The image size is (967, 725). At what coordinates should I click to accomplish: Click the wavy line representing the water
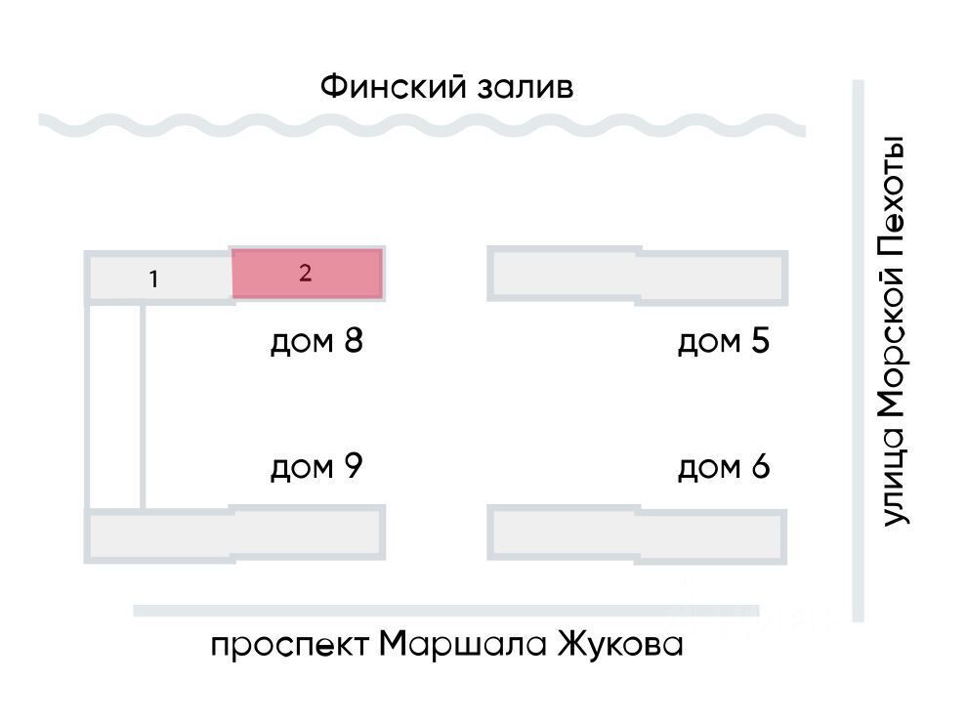click(420, 125)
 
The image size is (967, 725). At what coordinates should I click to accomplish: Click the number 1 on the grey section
click(153, 279)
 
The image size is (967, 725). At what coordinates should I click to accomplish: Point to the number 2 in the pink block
click(305, 273)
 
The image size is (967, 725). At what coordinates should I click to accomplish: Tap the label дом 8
click(316, 342)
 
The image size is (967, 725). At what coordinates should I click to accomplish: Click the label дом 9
click(316, 467)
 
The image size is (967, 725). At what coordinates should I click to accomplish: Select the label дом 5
click(724, 342)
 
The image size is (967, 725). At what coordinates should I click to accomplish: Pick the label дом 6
click(724, 467)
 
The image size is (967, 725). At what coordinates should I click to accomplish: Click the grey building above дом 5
click(637, 276)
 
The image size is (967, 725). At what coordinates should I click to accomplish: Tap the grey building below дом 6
click(637, 533)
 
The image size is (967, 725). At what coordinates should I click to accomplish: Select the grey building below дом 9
click(234, 533)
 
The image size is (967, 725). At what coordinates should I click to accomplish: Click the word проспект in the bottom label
click(289, 647)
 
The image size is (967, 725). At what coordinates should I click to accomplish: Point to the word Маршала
click(462, 645)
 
